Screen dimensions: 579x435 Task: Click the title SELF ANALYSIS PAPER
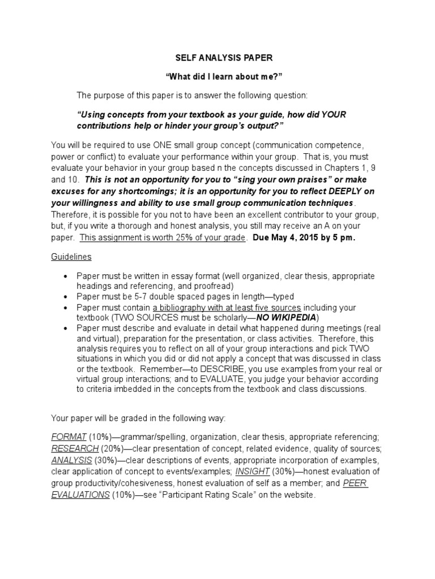click(x=217, y=57)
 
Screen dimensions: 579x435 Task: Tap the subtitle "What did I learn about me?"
click(x=217, y=76)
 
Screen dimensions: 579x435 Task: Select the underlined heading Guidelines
click(x=71, y=256)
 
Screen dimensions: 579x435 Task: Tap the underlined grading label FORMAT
click(x=69, y=437)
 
